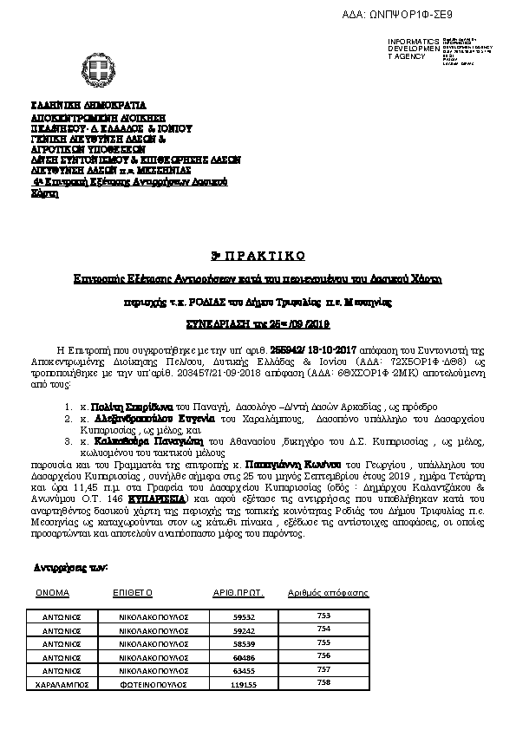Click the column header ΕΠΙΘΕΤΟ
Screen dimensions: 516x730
click(x=133, y=593)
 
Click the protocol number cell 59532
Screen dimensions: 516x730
click(x=245, y=629)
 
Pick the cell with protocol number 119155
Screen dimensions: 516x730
click(x=246, y=684)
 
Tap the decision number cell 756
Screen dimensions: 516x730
click(x=324, y=656)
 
